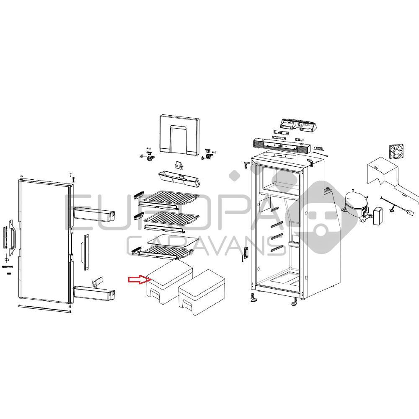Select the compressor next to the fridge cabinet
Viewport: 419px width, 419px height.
(355, 204)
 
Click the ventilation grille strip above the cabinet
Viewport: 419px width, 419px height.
(281, 146)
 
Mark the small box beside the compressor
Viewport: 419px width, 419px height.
(379, 216)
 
